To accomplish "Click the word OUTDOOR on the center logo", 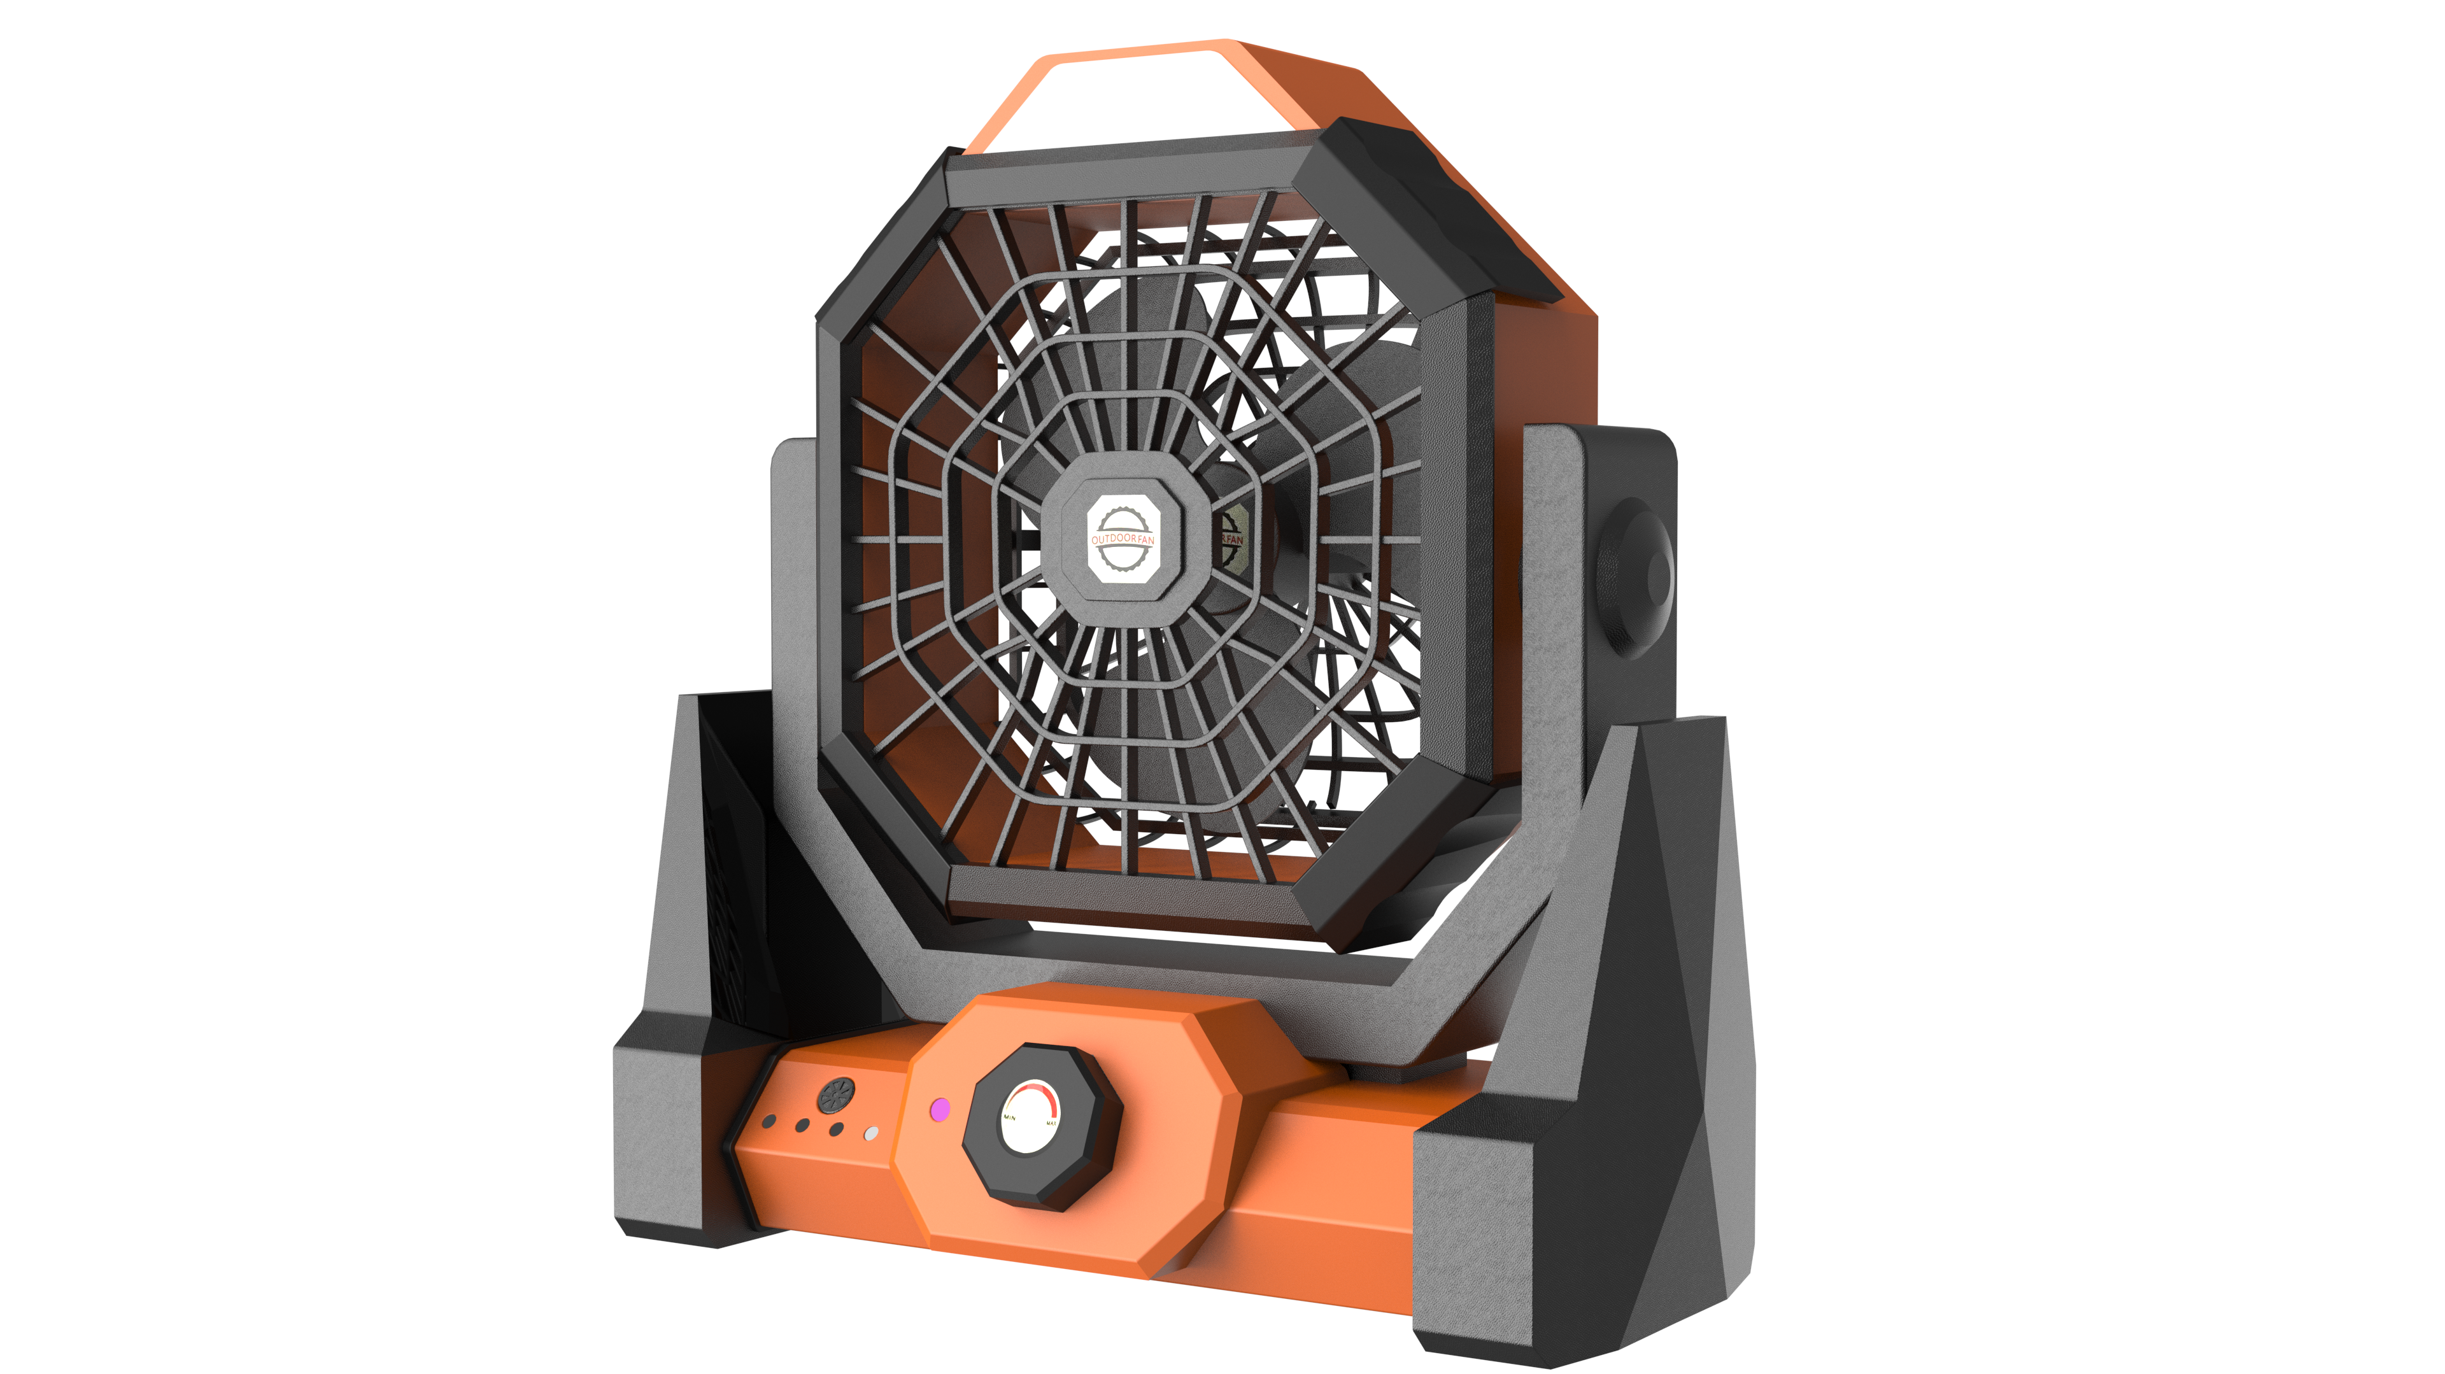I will (x=1112, y=539).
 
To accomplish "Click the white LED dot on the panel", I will (x=870, y=1133).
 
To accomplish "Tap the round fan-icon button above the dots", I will (x=836, y=1095).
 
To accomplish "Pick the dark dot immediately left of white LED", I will (x=836, y=1129).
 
